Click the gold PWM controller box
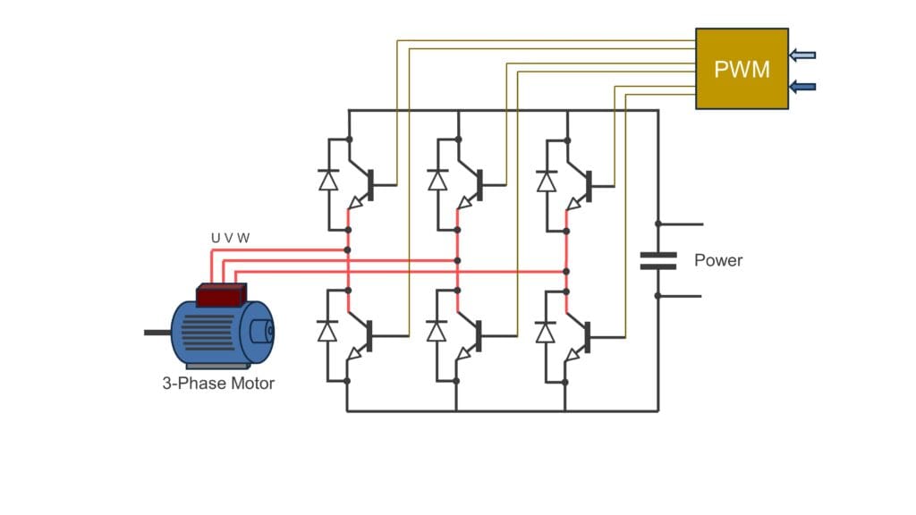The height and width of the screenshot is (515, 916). coord(742,69)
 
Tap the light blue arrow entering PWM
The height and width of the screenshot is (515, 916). coord(802,55)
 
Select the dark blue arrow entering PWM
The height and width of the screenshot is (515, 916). coord(802,87)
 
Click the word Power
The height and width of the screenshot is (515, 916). coord(718,261)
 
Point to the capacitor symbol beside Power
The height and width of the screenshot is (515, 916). coord(658,260)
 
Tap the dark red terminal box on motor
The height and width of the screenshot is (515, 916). coord(221,296)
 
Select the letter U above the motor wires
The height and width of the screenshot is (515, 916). coord(216,238)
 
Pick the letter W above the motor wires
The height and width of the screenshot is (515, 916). coord(243,238)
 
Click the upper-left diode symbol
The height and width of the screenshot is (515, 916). coord(328,180)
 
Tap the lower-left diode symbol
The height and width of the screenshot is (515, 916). coord(328,332)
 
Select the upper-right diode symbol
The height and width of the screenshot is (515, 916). coord(546,180)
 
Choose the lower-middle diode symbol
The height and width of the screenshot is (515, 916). coord(437,332)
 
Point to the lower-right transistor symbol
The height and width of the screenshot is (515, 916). coord(581,337)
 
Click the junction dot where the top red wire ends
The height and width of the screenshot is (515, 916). coord(348,250)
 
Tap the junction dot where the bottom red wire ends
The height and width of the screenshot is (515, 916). coord(566,271)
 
